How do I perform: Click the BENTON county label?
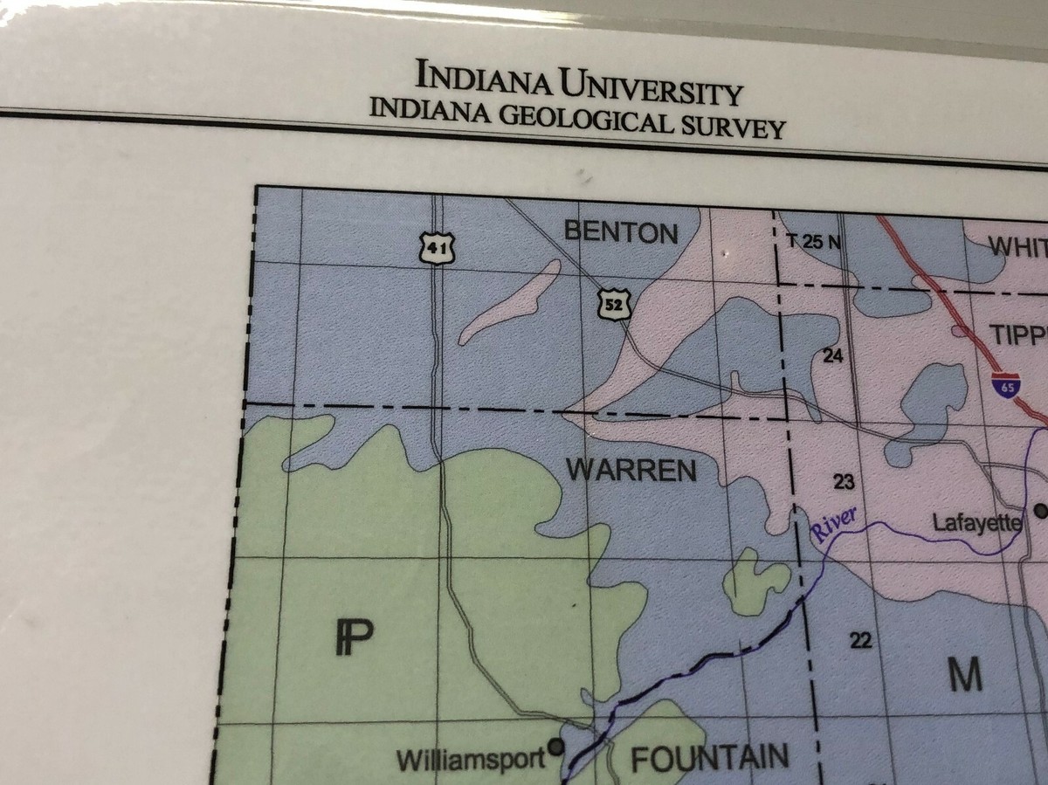click(621, 232)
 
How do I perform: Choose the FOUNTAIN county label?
click(709, 758)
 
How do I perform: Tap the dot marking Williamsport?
click(555, 747)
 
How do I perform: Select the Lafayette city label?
click(976, 523)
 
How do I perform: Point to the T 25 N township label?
click(811, 242)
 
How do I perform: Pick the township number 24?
click(834, 355)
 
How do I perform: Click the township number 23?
click(844, 481)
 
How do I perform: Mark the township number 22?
click(861, 641)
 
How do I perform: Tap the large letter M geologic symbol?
click(966, 673)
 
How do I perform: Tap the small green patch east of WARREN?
click(756, 581)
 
